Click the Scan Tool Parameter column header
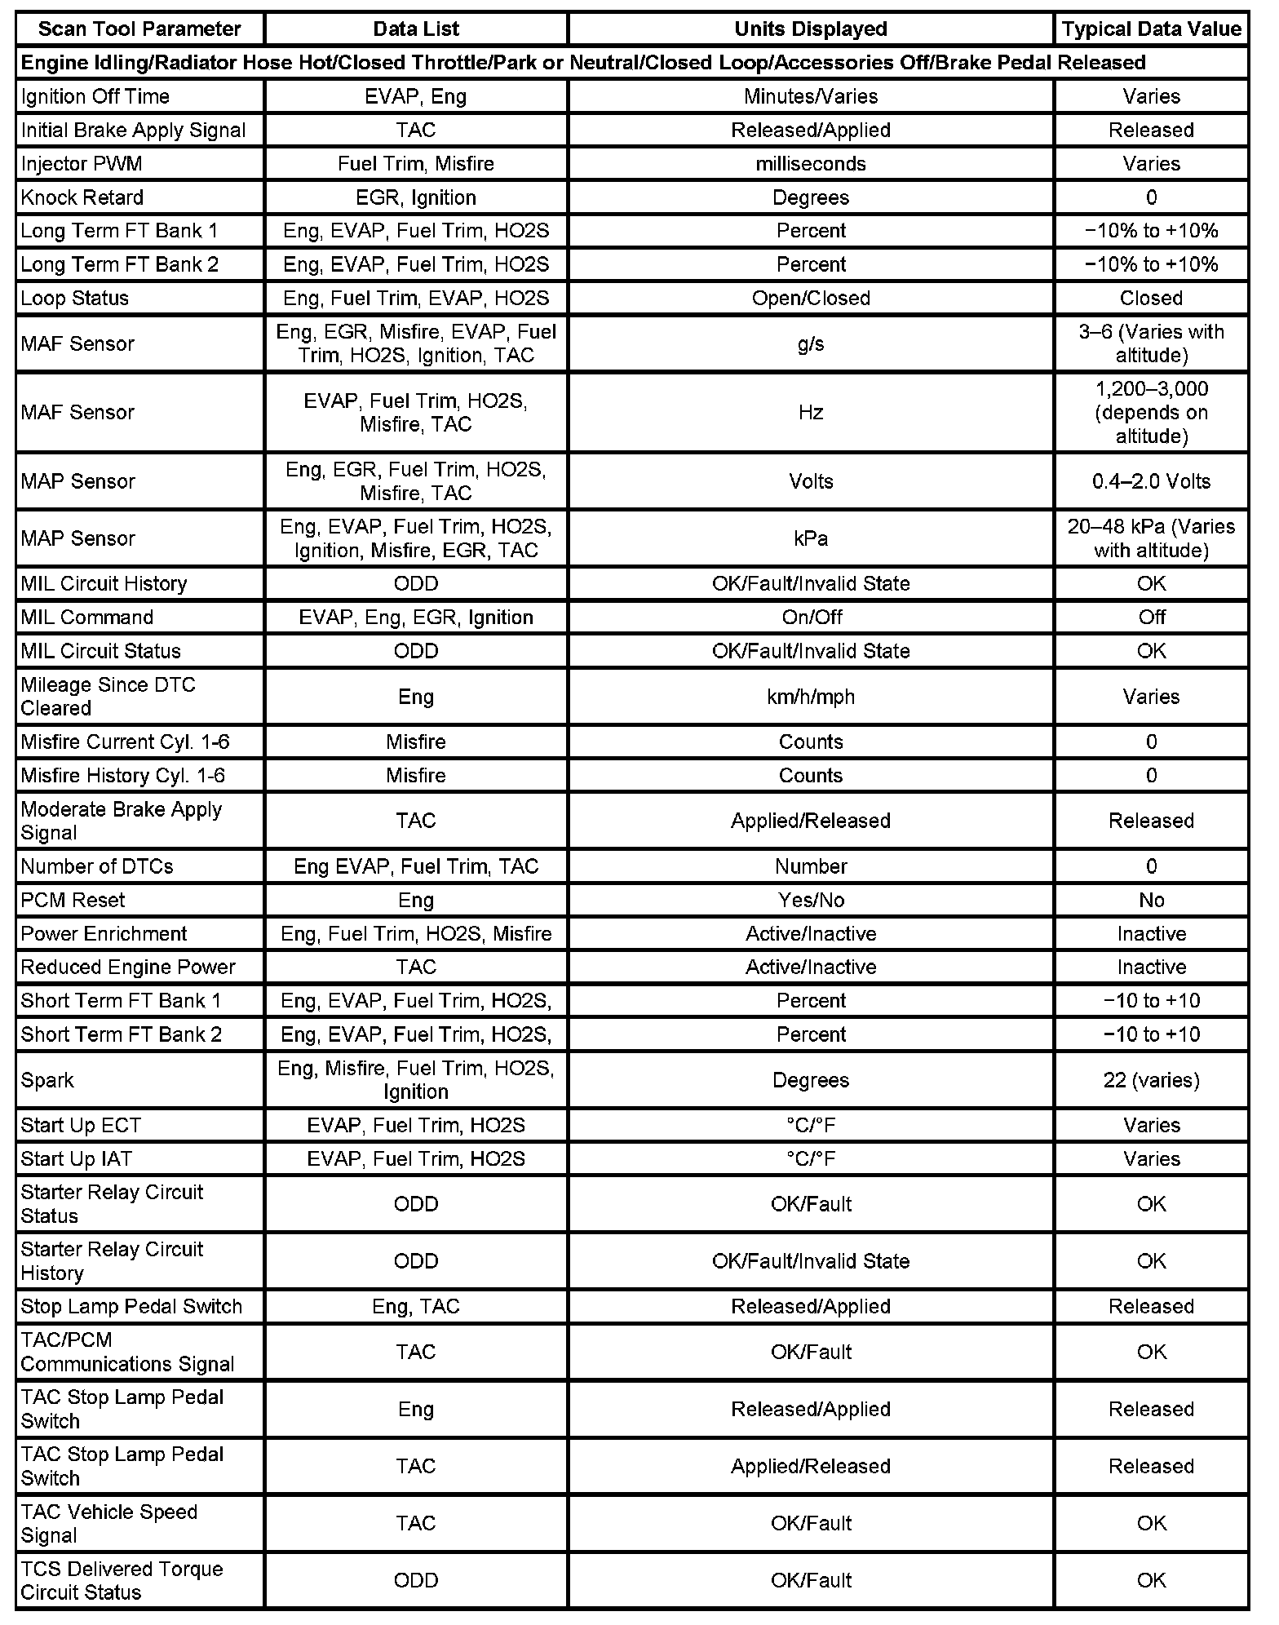click(139, 29)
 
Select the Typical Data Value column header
click(1151, 29)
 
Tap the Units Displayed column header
click(811, 29)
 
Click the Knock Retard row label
click(82, 197)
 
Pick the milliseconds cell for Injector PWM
click(811, 164)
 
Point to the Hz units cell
click(811, 412)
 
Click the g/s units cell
click(811, 343)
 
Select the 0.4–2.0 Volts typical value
click(1151, 481)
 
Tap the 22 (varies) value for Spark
click(1151, 1080)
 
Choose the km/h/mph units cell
click(811, 697)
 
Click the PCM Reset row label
click(73, 900)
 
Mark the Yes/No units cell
click(811, 900)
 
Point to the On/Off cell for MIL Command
click(811, 618)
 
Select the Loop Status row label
click(75, 298)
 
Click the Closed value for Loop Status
click(1151, 298)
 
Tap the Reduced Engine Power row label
click(128, 967)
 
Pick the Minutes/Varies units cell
click(811, 96)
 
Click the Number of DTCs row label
click(97, 866)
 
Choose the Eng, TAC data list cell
click(416, 1306)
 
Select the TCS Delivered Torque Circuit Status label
click(122, 1580)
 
